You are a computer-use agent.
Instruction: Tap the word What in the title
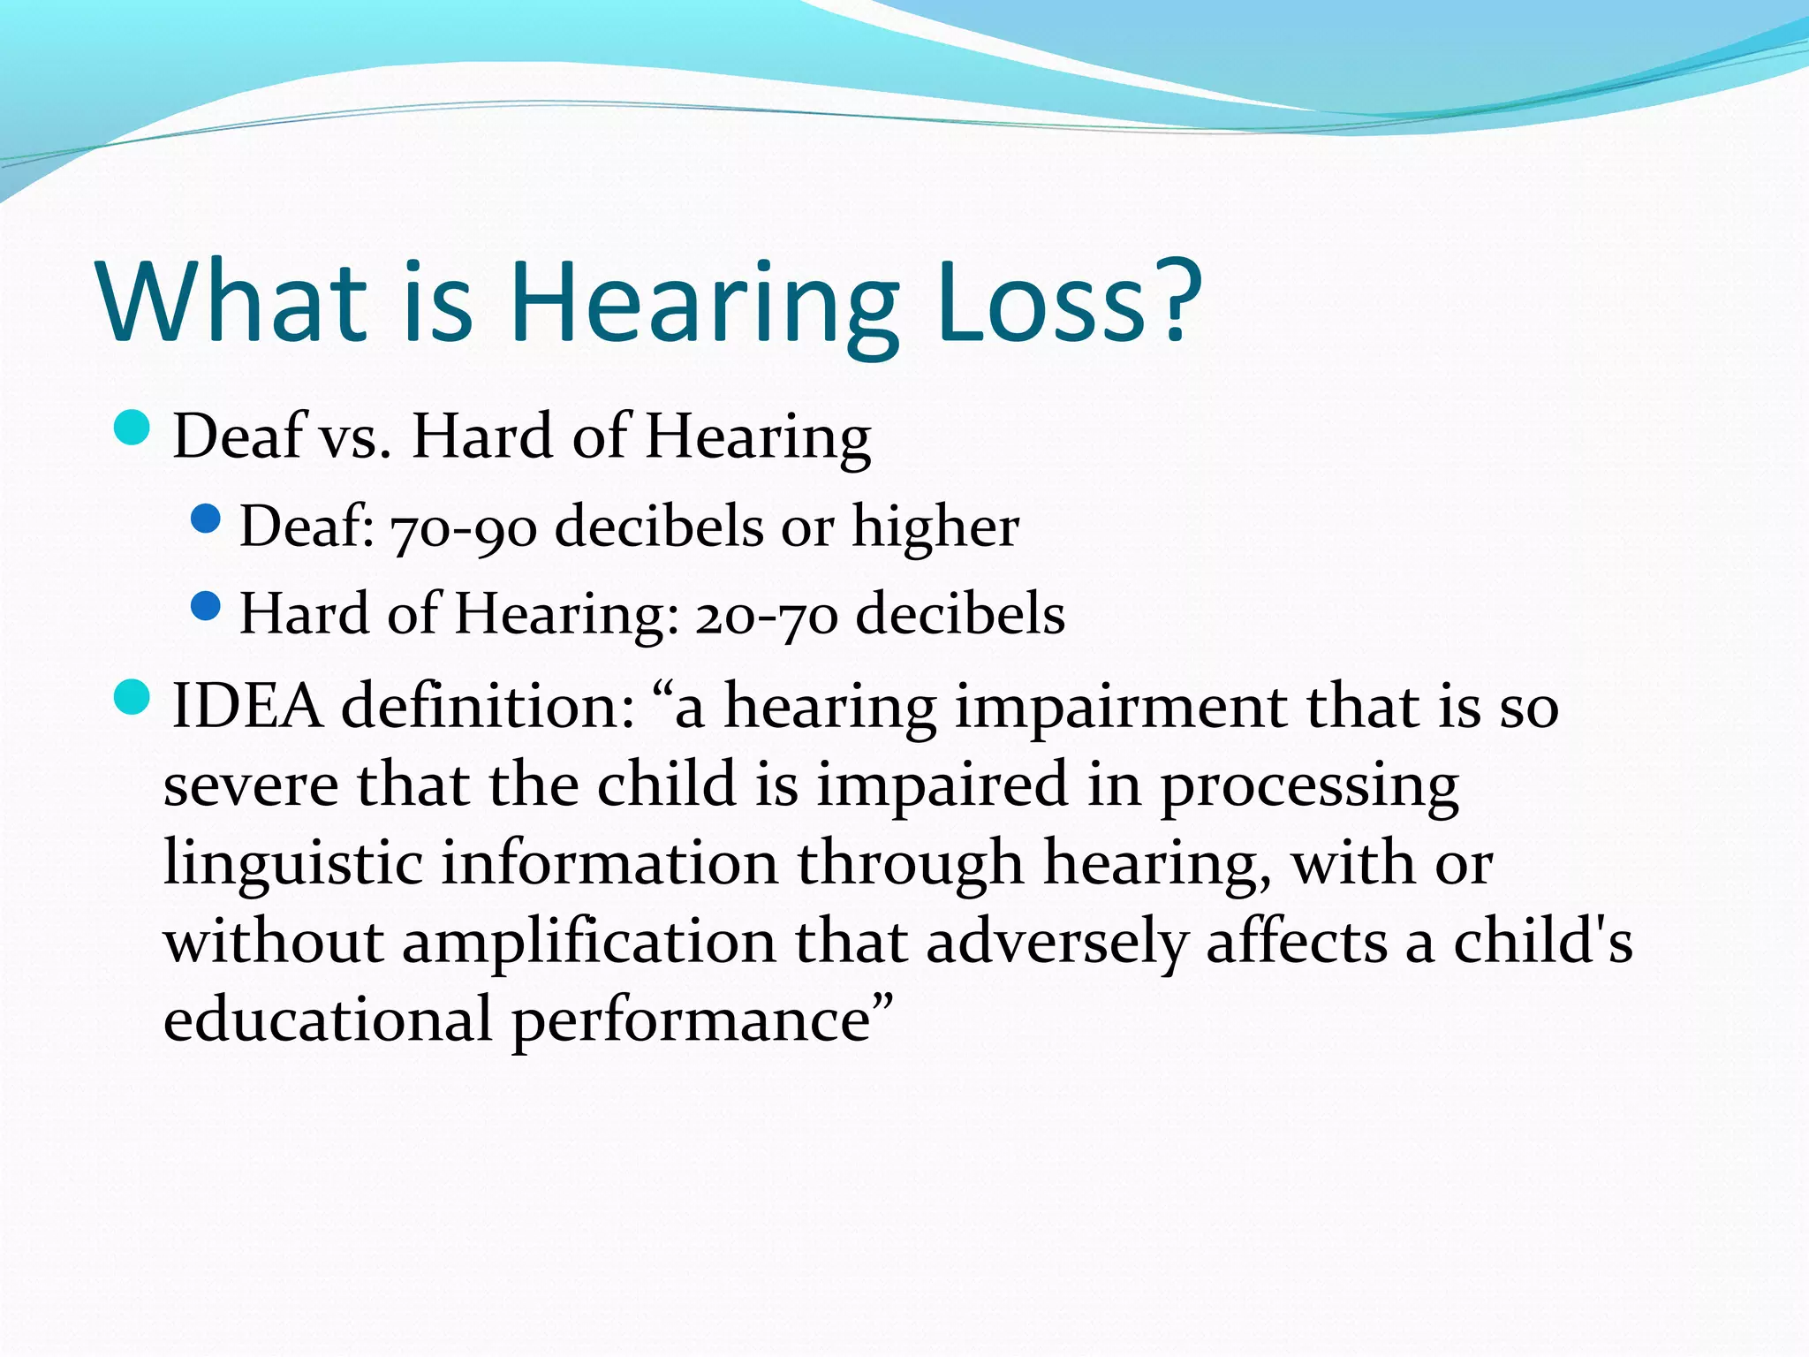(232, 302)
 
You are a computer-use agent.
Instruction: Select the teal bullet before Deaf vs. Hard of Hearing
(132, 428)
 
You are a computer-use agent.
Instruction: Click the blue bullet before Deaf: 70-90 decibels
(205, 519)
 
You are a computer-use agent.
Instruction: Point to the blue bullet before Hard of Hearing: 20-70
(205, 607)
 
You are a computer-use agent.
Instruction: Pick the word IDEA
(247, 707)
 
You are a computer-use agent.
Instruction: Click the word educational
(328, 1019)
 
